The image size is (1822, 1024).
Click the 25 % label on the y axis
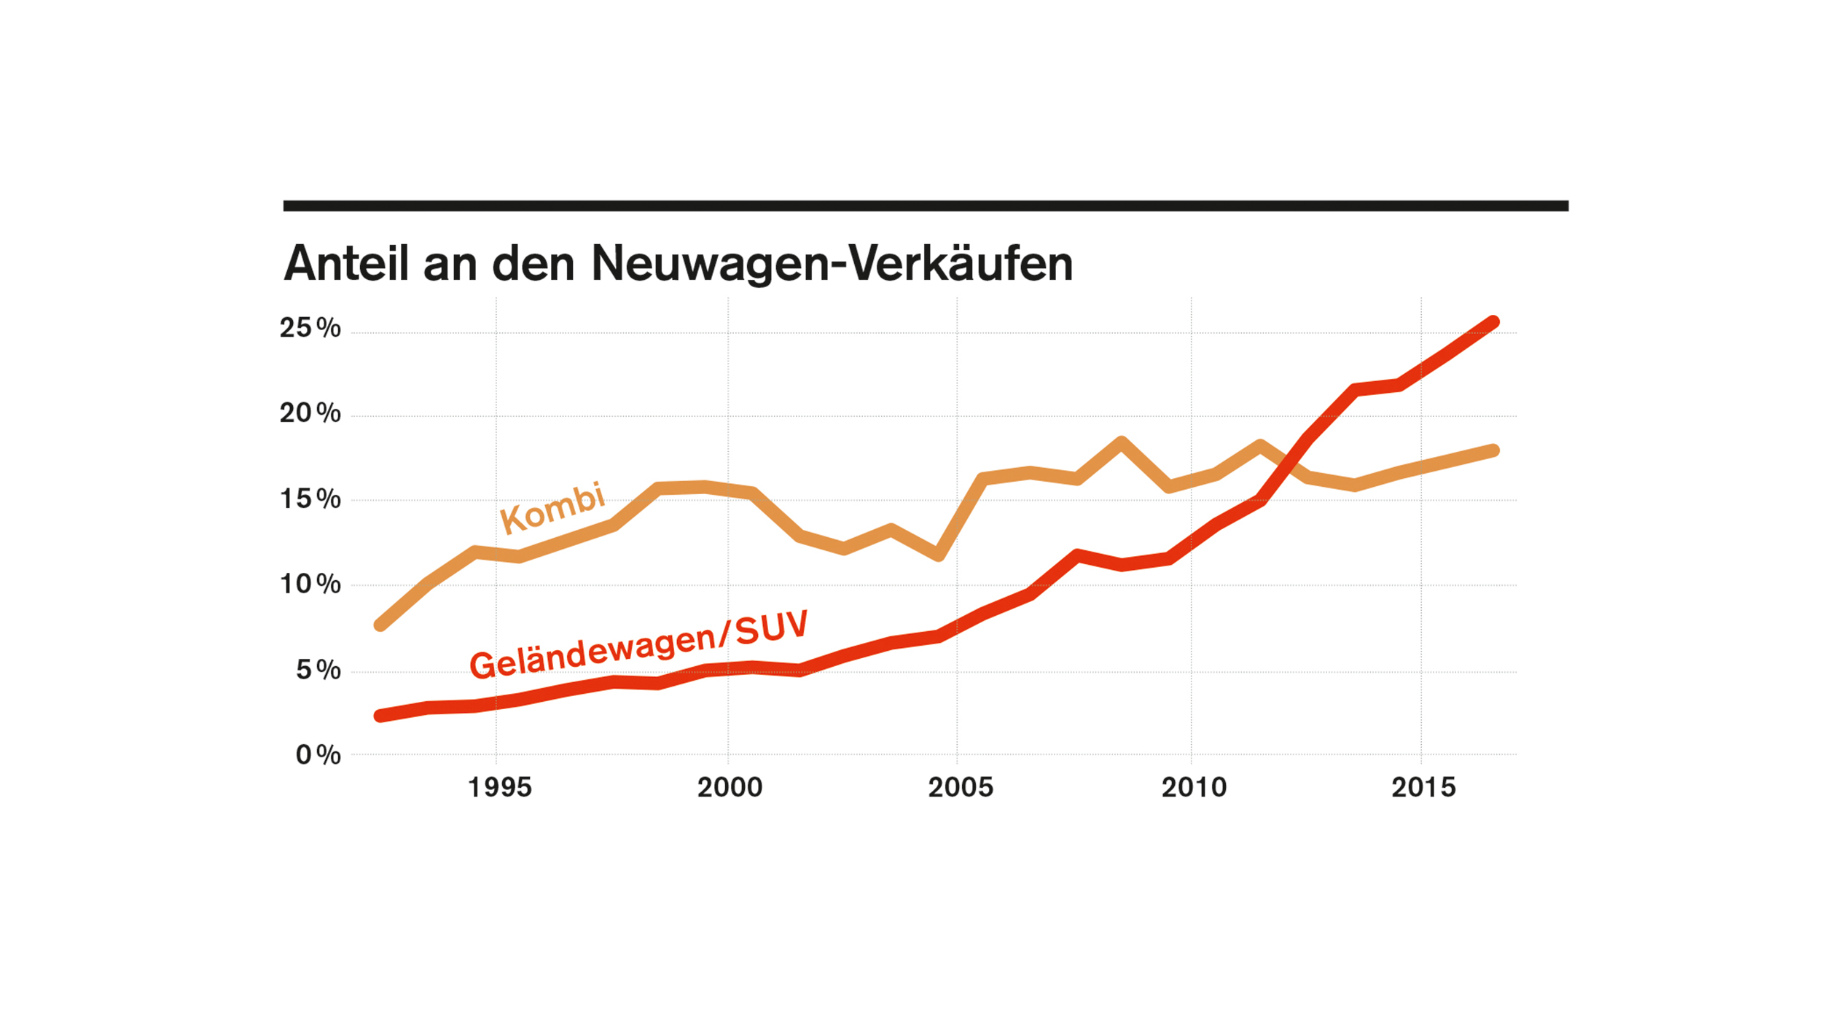point(310,328)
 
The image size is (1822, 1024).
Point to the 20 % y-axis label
point(310,413)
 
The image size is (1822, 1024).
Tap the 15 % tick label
point(310,499)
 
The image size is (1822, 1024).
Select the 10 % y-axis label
point(310,584)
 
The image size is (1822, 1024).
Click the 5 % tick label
point(318,670)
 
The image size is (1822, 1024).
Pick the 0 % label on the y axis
point(318,755)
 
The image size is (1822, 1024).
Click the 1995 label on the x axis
point(499,788)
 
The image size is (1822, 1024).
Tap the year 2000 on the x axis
point(730,788)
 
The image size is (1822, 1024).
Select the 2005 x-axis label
point(960,788)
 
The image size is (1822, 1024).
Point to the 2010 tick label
point(1194,788)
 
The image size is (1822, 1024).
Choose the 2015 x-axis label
point(1423,788)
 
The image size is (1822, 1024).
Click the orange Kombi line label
point(552,508)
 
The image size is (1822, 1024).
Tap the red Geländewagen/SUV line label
point(639,645)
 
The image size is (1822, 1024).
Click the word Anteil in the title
point(346,263)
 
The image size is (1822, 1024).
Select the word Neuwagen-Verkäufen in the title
point(832,263)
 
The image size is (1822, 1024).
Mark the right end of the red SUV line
point(1493,322)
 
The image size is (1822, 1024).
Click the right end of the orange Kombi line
point(1493,450)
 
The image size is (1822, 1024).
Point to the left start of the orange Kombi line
point(380,625)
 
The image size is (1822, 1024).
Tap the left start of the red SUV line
point(380,716)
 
